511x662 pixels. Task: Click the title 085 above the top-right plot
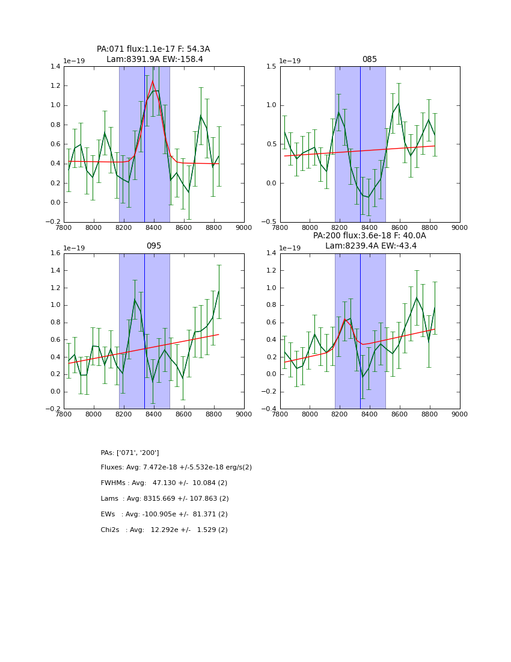[369, 60]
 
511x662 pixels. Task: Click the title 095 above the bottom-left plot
[154, 246]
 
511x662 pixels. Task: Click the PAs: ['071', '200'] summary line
[130, 453]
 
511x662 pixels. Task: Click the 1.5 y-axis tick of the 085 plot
[271, 66]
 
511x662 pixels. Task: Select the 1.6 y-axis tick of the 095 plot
[55, 253]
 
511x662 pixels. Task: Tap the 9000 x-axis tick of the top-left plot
[243, 227]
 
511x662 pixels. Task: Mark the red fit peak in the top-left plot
[153, 81]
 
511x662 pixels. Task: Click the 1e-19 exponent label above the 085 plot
[292, 61]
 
